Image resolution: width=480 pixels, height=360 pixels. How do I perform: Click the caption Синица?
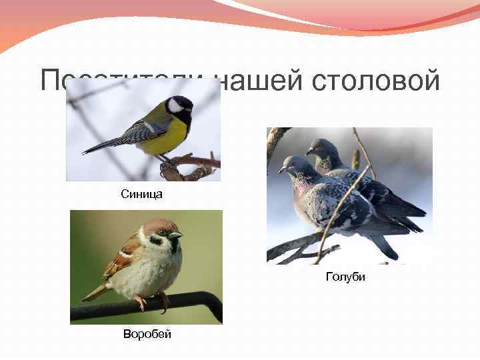[x=141, y=195]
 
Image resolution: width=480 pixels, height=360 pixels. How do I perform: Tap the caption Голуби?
[x=345, y=276]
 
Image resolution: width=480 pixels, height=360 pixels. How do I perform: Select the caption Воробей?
[x=147, y=334]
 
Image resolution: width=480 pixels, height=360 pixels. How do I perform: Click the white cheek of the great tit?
[x=176, y=105]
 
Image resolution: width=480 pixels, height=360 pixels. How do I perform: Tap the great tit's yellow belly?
[x=164, y=138]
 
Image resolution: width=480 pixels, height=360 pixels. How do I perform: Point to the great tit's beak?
[x=193, y=109]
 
